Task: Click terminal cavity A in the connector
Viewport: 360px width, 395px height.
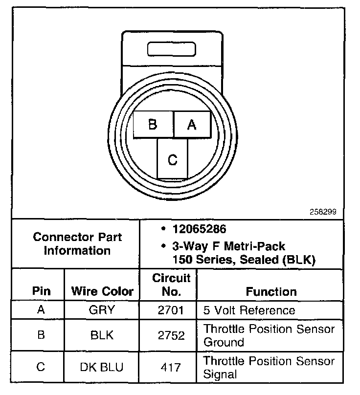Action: click(192, 125)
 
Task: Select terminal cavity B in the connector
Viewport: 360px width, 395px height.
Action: click(153, 124)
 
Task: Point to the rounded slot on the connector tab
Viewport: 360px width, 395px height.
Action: click(172, 50)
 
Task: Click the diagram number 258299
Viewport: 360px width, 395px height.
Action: click(323, 213)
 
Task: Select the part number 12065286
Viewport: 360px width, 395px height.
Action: click(199, 229)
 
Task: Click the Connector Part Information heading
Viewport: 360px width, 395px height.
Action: click(77, 243)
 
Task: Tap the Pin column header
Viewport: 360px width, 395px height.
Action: click(41, 291)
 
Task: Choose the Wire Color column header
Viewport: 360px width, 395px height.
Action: click(102, 291)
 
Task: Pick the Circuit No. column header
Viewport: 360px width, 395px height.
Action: click(171, 285)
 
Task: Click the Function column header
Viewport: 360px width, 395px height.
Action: click(271, 291)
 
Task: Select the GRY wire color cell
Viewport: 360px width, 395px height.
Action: click(102, 310)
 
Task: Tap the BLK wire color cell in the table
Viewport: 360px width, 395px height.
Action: click(102, 335)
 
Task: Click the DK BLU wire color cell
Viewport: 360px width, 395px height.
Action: click(102, 367)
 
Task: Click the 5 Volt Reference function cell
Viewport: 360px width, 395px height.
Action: click(249, 310)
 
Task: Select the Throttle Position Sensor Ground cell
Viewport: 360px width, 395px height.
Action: click(269, 335)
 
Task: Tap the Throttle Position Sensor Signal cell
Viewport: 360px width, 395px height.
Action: click(269, 368)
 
